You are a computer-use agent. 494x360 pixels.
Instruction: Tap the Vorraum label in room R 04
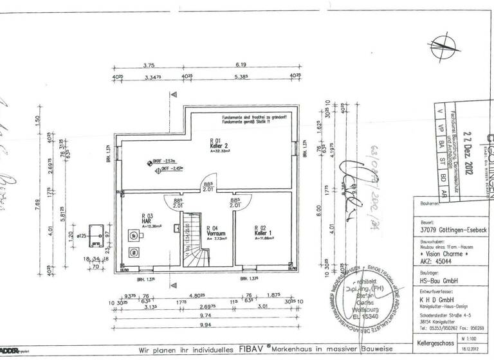(x=215, y=232)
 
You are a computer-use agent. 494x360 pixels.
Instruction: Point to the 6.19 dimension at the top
(x=241, y=65)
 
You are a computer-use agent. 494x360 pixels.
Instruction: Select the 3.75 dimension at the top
(x=149, y=65)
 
